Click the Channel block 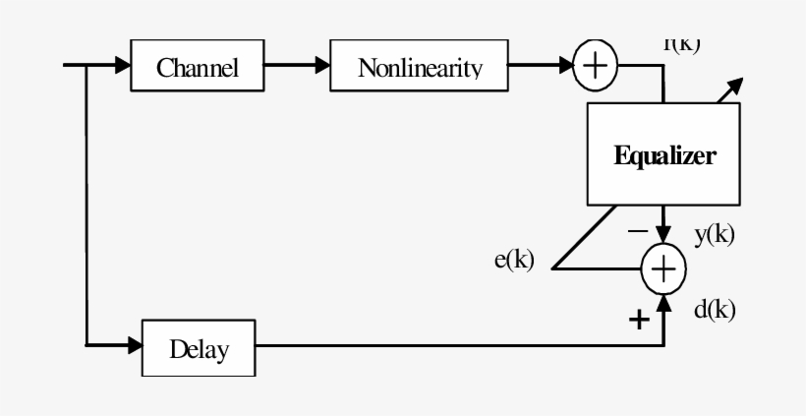click(x=199, y=67)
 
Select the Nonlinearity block click(x=421, y=67)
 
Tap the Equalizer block click(x=664, y=154)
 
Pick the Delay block click(x=199, y=347)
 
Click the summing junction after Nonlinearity click(x=594, y=66)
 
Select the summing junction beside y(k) click(x=664, y=267)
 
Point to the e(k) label click(x=513, y=261)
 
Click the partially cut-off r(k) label click(x=681, y=44)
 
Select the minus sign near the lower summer click(x=638, y=231)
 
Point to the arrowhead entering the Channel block click(x=122, y=66)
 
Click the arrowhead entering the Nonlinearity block click(x=322, y=66)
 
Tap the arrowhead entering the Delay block click(x=135, y=346)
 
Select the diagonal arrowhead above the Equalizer click(x=734, y=87)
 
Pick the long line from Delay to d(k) click(x=452, y=346)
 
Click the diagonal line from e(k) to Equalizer click(x=585, y=236)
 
